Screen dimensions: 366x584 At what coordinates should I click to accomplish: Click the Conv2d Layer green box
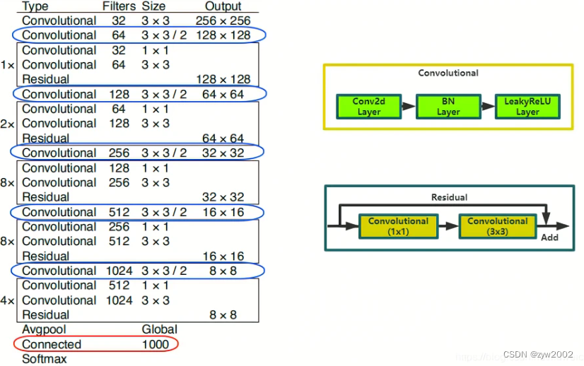click(369, 107)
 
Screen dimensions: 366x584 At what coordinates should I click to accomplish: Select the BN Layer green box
click(448, 107)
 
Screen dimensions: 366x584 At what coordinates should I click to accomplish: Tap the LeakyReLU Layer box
click(527, 107)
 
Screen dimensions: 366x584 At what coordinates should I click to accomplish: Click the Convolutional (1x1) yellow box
click(398, 226)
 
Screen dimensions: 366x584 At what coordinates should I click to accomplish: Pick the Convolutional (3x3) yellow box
click(498, 226)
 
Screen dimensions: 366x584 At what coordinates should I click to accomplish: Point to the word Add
click(549, 237)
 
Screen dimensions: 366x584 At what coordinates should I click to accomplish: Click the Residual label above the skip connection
click(450, 197)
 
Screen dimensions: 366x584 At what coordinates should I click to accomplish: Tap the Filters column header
click(119, 6)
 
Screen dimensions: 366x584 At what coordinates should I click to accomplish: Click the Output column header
click(223, 6)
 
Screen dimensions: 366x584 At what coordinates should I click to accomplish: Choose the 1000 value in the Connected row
click(156, 344)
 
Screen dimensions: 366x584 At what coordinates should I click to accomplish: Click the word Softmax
click(45, 359)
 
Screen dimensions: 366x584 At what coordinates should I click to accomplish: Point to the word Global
click(159, 329)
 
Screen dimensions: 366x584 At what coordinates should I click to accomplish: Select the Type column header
click(35, 6)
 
